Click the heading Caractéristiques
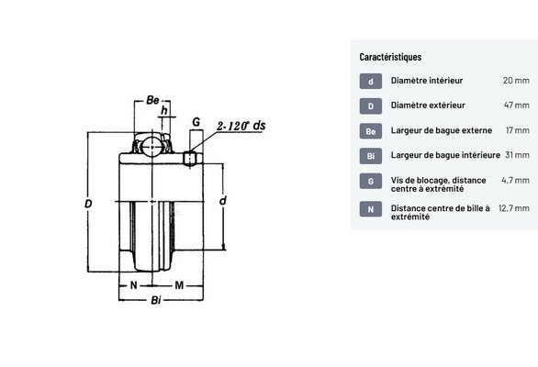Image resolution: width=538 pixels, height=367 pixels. [x=390, y=57]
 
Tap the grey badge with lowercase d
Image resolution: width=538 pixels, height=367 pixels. [x=371, y=82]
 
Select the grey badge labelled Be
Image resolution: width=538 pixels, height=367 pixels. [x=371, y=131]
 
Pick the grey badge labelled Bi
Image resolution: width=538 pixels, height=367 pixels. [x=371, y=156]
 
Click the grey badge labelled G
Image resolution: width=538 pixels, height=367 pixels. [x=371, y=181]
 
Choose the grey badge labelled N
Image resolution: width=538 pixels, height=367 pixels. [x=371, y=209]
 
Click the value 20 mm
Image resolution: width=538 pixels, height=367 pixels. [x=516, y=80]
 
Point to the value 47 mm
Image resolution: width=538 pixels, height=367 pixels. [x=516, y=105]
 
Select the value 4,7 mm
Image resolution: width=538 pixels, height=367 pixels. [x=515, y=180]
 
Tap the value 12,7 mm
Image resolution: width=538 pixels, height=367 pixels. [x=514, y=208]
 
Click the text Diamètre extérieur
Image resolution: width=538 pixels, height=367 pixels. [x=428, y=105]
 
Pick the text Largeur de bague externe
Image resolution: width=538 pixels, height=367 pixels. [x=442, y=130]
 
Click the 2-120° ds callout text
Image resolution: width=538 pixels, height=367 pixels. [x=241, y=126]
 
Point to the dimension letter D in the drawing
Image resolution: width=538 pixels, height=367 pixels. [x=88, y=204]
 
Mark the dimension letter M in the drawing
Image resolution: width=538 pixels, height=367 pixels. [x=179, y=285]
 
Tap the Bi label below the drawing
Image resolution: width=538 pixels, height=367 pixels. [x=156, y=300]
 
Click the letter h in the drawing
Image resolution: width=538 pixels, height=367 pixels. [x=164, y=110]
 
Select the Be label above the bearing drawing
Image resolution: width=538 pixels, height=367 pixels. [x=152, y=100]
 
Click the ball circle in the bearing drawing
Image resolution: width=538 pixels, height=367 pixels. [x=151, y=147]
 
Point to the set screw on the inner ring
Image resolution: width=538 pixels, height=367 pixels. [x=189, y=159]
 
